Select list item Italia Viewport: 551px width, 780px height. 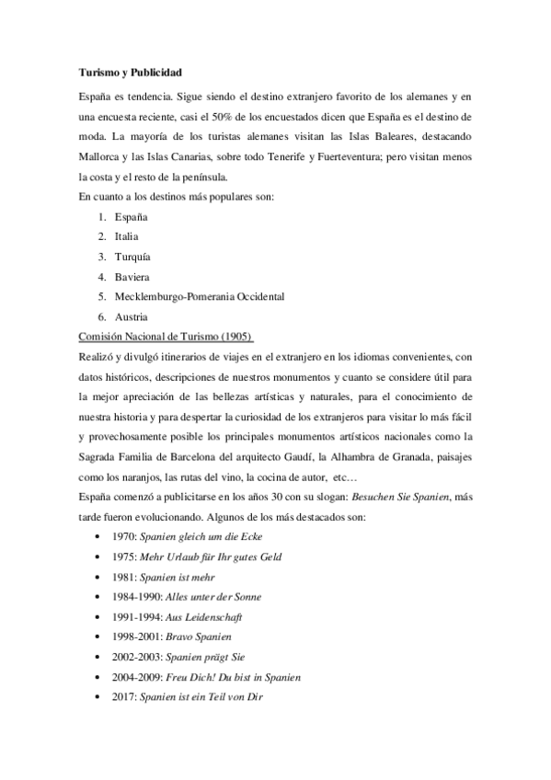(x=127, y=236)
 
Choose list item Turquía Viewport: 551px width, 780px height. (x=132, y=257)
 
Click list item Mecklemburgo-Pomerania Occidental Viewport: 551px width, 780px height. (x=200, y=296)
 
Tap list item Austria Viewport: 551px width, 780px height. (x=131, y=316)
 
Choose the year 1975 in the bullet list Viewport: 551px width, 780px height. (x=124, y=556)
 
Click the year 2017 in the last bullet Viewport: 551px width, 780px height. (x=124, y=696)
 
